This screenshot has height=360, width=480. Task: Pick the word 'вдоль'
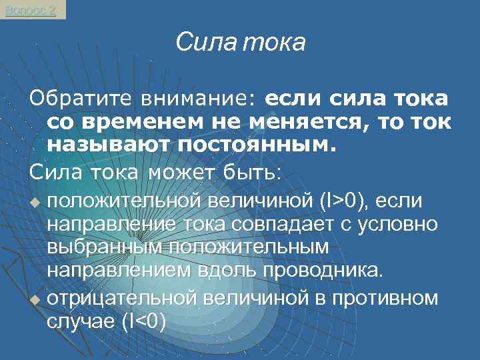pyautogui.click(x=226, y=271)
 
